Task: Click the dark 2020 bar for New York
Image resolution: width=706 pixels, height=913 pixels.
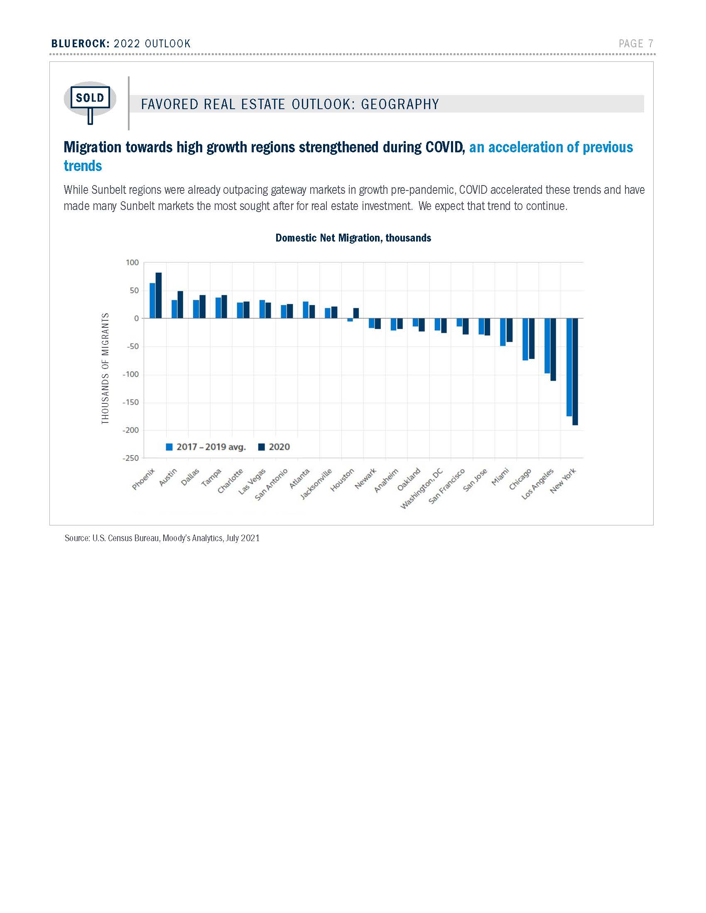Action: click(x=575, y=372)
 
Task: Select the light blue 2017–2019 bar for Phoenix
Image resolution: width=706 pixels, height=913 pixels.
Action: click(x=152, y=300)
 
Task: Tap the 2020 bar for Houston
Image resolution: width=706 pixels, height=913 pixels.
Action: click(x=356, y=313)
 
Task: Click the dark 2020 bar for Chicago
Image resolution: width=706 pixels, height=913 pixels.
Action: click(x=532, y=339)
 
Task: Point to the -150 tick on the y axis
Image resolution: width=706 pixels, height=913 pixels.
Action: click(x=131, y=402)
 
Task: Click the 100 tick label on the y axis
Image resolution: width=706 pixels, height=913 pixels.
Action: click(x=132, y=263)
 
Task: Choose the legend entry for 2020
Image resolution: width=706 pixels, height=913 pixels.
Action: click(x=275, y=447)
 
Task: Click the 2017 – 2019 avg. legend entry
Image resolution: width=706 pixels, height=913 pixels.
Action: click(x=206, y=447)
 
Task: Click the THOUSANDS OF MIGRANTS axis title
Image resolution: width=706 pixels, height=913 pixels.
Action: click(x=105, y=368)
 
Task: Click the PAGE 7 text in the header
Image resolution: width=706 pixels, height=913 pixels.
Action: click(x=636, y=44)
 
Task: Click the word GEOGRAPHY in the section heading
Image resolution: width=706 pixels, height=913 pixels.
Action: click(x=400, y=104)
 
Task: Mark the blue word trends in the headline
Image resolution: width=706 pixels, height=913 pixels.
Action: click(x=83, y=166)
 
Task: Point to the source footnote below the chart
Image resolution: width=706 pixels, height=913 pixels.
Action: click(x=162, y=538)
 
